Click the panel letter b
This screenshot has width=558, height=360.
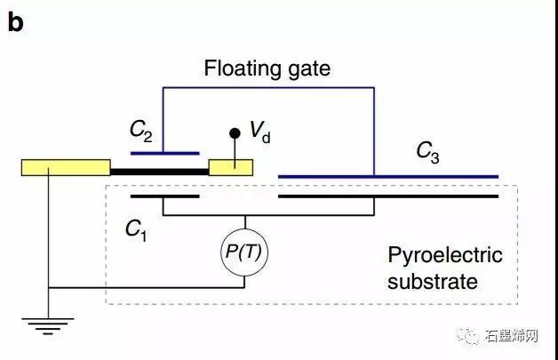tap(15, 22)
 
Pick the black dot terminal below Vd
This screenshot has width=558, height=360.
tap(235, 133)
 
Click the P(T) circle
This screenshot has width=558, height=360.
tap(245, 254)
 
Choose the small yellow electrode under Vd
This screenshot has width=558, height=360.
tap(230, 167)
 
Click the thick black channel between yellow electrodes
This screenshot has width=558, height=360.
tap(158, 168)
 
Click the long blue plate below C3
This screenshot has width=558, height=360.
tap(387, 176)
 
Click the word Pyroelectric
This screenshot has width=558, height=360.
tap(445, 256)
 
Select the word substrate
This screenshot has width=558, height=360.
tap(433, 283)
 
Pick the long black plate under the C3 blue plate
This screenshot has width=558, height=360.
tap(387, 196)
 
